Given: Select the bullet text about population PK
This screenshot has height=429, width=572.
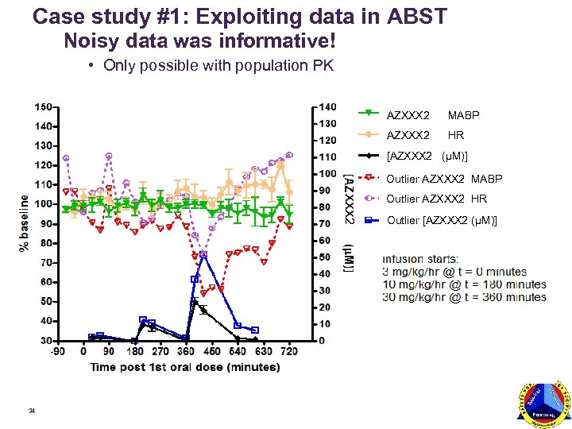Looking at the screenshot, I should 218,65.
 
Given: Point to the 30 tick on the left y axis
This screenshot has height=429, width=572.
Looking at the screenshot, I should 47,341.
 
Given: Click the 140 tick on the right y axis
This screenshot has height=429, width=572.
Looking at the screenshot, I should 327,106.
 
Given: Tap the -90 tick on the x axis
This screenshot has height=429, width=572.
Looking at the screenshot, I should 58,352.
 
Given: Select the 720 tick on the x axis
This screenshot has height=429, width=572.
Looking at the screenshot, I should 289,352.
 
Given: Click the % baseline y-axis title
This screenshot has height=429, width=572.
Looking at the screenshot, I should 24,223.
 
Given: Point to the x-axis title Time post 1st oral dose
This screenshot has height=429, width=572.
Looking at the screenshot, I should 184,366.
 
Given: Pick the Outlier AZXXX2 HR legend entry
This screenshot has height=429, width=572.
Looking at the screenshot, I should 436,199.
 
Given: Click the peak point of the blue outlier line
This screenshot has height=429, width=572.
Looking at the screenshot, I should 203,254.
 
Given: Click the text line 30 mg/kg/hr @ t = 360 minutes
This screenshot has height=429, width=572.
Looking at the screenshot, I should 465,297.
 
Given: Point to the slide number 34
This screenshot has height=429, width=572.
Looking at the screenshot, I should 31,411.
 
